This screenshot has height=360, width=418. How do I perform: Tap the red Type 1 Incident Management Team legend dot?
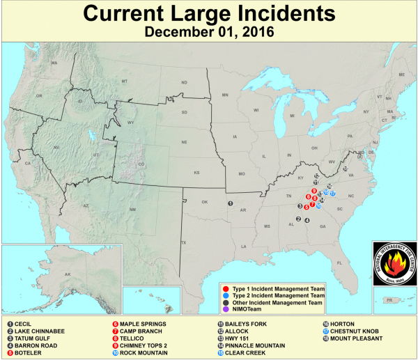[x=226, y=288]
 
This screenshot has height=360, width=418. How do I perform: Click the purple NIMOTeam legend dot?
[x=226, y=310]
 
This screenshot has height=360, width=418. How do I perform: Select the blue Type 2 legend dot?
[x=226, y=295]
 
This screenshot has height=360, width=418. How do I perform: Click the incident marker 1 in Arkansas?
[x=231, y=203]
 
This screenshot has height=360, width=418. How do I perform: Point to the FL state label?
[x=339, y=263]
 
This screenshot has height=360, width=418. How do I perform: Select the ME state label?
[x=401, y=75]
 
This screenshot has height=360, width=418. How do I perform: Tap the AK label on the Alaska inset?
[x=68, y=274]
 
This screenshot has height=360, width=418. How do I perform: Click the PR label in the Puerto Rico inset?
[x=389, y=300]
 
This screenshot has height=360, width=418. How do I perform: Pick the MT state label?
[x=125, y=81]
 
